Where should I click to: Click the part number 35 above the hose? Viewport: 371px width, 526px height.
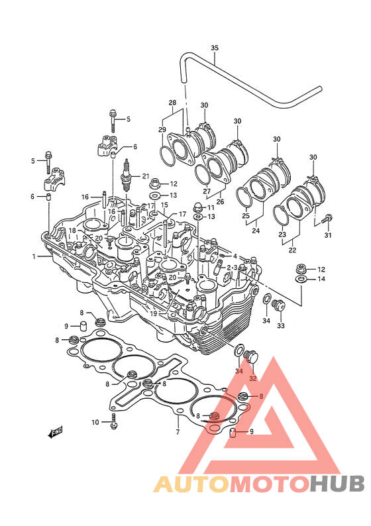[x=215, y=48]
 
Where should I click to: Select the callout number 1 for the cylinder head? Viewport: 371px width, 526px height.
[x=34, y=256]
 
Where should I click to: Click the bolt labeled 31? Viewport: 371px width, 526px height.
[x=327, y=219]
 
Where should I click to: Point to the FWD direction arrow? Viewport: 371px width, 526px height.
[x=56, y=433]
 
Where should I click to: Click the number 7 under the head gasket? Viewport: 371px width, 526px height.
[x=178, y=432]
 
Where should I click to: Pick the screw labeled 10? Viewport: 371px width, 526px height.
[x=114, y=422]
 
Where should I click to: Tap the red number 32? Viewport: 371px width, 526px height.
[x=252, y=378]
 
